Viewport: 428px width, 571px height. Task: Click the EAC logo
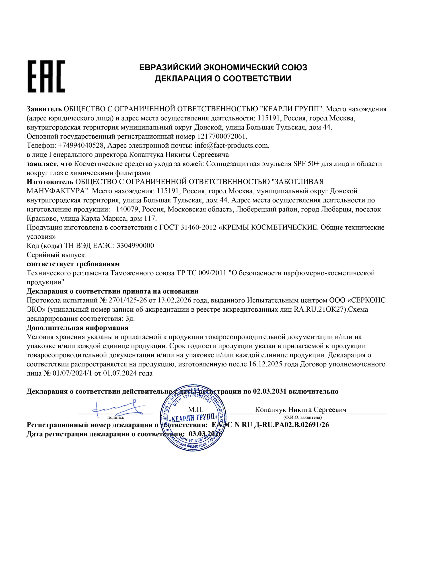(46, 77)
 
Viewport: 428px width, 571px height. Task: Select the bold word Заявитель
(44, 109)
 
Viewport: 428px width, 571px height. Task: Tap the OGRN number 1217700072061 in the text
(222, 136)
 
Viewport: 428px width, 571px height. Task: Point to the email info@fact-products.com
(231, 145)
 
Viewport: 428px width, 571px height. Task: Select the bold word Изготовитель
(50, 182)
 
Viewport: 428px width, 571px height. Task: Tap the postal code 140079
(128, 209)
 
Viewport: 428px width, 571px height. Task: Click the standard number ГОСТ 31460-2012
(188, 228)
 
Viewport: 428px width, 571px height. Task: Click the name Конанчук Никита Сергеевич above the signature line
(300, 410)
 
